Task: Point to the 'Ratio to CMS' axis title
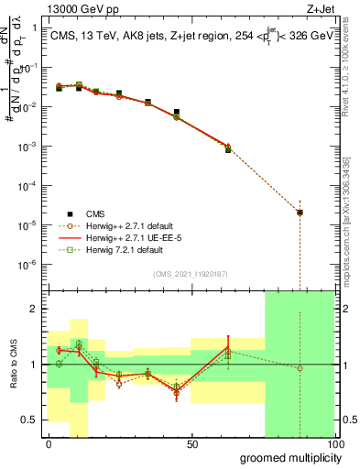12,364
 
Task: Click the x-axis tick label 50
192,444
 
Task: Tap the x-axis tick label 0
49,444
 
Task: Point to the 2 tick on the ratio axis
35,309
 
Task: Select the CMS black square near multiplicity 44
177,112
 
